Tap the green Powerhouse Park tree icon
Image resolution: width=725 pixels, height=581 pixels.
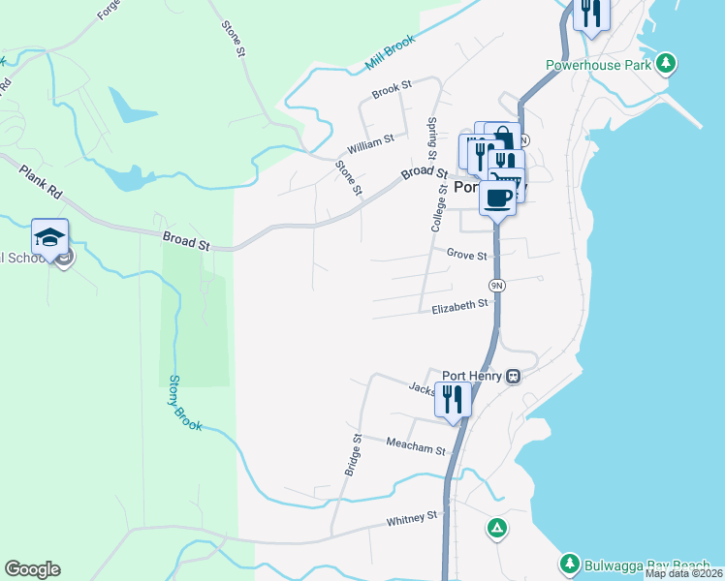[665, 65]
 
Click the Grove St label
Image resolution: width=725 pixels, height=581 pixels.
[466, 253]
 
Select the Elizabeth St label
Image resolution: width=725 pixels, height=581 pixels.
[460, 305]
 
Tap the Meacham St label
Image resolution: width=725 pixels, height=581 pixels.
[415, 448]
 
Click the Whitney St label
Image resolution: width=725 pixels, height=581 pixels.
[413, 519]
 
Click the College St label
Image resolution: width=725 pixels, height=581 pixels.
[438, 208]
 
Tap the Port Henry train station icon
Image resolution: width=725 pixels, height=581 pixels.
[514, 377]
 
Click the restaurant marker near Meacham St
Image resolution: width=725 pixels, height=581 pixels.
[453, 399]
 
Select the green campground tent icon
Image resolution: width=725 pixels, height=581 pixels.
[496, 528]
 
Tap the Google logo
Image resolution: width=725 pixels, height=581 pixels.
[32, 569]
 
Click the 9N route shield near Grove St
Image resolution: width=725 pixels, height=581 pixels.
[496, 285]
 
